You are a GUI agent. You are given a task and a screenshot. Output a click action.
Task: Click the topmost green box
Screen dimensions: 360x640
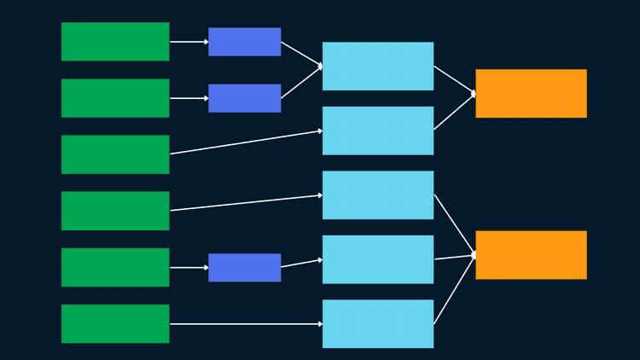(x=115, y=42)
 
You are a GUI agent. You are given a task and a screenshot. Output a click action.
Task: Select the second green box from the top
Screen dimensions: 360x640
(x=115, y=98)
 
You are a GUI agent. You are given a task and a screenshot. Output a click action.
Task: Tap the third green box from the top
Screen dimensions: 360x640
(x=115, y=154)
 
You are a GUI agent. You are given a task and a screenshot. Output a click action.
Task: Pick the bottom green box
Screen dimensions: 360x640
(x=115, y=324)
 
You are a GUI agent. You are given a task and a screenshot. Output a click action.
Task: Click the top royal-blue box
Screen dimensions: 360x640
(x=244, y=42)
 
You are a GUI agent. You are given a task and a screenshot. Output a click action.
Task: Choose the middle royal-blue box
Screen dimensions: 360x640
(x=244, y=98)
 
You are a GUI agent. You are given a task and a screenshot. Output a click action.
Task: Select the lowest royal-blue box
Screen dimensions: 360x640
(x=244, y=267)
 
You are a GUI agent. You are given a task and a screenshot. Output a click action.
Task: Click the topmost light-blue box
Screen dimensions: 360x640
(x=378, y=66)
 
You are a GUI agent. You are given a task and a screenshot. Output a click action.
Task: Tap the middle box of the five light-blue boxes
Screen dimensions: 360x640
(x=378, y=195)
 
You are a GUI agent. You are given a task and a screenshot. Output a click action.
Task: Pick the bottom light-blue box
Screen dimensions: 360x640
(x=378, y=324)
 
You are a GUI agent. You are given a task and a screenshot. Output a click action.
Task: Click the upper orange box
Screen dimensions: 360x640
(x=531, y=93)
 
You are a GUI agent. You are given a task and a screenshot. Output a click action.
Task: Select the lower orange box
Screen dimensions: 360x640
(x=531, y=255)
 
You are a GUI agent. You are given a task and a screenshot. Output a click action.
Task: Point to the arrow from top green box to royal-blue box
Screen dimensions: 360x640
(x=189, y=42)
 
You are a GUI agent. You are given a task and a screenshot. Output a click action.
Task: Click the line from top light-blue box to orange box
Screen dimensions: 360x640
(x=454, y=79)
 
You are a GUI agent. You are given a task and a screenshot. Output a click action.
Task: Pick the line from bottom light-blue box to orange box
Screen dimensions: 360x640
(x=454, y=291)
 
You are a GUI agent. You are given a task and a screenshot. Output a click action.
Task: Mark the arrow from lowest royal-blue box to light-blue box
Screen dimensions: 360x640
(x=301, y=264)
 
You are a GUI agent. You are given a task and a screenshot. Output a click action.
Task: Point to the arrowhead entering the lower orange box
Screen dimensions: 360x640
(x=473, y=255)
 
